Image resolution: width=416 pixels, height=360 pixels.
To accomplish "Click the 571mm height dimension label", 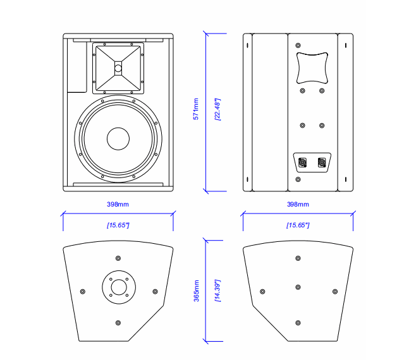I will (x=196, y=109).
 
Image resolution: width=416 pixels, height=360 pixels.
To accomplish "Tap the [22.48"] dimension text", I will (x=217, y=109).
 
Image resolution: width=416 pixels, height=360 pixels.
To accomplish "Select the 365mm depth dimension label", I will (x=196, y=291).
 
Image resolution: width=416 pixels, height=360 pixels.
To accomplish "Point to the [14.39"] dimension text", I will (x=217, y=291).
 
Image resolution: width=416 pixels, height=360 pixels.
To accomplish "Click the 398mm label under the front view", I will (x=118, y=204).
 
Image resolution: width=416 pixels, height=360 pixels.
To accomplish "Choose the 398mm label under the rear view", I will (x=298, y=204).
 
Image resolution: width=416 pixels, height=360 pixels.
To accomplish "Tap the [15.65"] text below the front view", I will (x=118, y=225).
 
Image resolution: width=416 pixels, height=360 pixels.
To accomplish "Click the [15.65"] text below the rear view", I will (x=297, y=225).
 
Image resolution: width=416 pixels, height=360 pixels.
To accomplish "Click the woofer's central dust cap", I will (x=118, y=139).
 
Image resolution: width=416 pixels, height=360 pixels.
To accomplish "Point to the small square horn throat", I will (x=118, y=68).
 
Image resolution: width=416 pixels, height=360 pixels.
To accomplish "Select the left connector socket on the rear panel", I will (x=303, y=163).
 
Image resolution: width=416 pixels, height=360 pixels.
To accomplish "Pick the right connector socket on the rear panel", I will (x=322, y=163).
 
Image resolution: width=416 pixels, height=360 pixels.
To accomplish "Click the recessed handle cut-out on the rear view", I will (x=312, y=68).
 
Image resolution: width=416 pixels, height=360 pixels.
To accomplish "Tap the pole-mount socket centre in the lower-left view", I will (x=118, y=287).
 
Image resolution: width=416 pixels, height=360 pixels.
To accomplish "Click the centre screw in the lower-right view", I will (x=298, y=287).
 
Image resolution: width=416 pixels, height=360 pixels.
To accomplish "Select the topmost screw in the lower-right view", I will (x=298, y=258).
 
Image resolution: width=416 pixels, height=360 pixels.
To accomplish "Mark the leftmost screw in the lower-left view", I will (x=83, y=291).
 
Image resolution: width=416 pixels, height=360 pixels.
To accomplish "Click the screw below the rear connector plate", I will (x=298, y=180).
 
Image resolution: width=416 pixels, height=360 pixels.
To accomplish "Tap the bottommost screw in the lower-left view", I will (x=118, y=323).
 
